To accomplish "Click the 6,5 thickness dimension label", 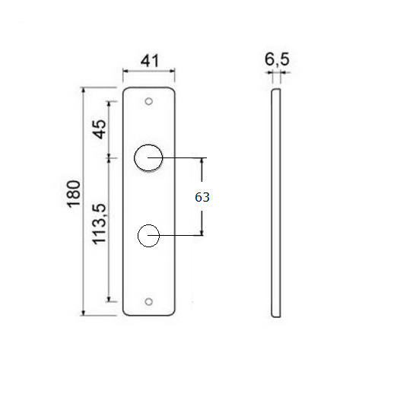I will tap(275, 59).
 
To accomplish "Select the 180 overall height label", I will tap(74, 195).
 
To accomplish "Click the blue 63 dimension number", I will tap(202, 197).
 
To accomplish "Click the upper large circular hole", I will tap(148, 158).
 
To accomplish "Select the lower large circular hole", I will tap(148, 236).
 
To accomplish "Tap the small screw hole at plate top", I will tap(150, 100).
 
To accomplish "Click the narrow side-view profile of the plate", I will tap(276, 202).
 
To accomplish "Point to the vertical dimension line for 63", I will tap(202, 175).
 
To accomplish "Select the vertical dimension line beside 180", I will tap(84, 228).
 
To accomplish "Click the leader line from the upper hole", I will tap(183, 158).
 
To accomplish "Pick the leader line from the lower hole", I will tap(183, 236).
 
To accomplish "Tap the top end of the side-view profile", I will tap(276, 91).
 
